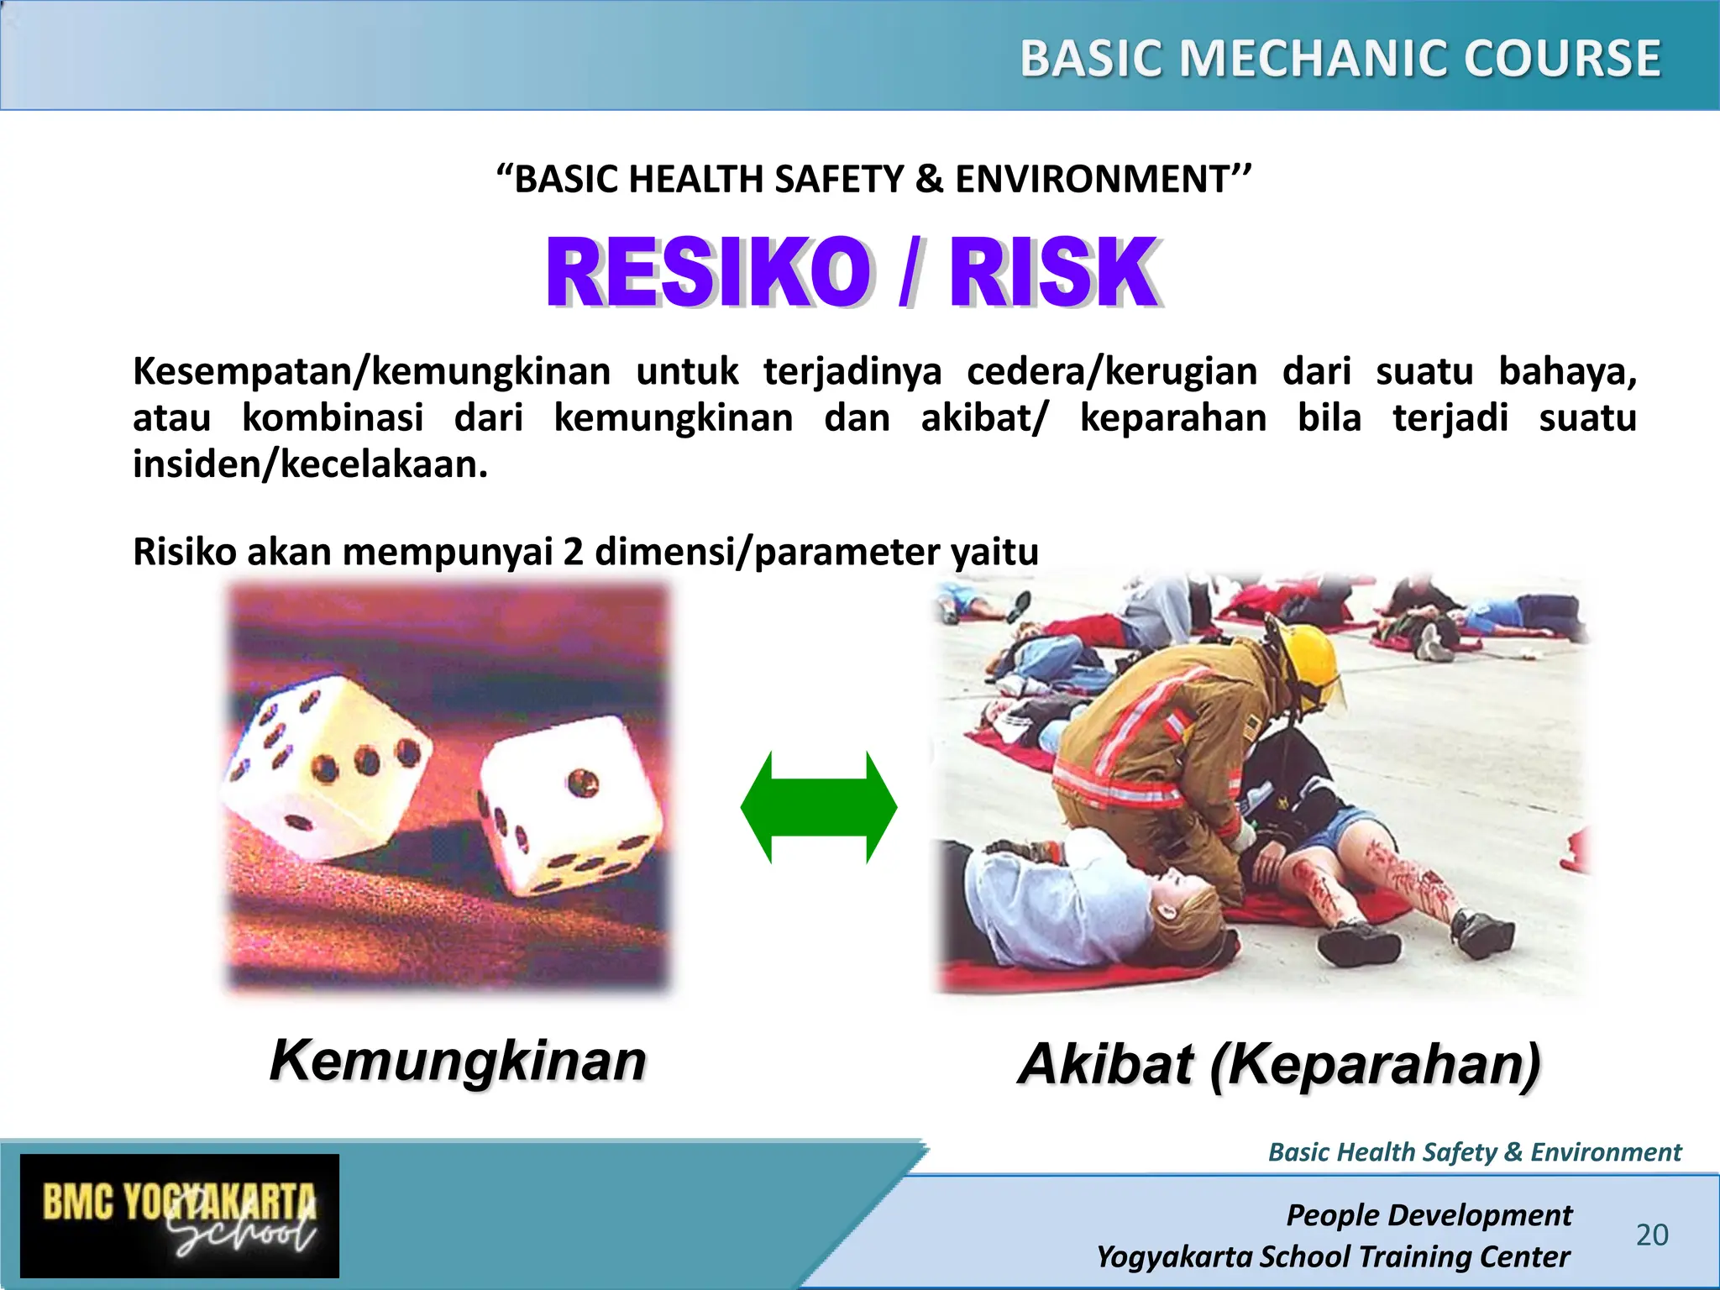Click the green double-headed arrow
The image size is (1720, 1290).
click(x=819, y=807)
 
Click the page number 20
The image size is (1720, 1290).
click(x=1652, y=1235)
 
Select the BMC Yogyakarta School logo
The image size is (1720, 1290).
click(x=180, y=1215)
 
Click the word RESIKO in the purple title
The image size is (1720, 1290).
click(x=708, y=273)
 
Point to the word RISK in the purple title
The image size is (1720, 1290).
click(x=1053, y=273)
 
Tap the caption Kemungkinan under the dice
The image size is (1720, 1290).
click(x=458, y=1061)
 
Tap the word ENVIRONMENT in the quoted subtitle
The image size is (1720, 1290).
click(x=1092, y=180)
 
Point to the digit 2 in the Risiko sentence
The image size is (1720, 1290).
click(x=573, y=552)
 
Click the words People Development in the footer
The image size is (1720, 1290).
click(x=1429, y=1214)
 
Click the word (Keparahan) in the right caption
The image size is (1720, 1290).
click(x=1375, y=1064)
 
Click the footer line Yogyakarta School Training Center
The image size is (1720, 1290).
click(x=1333, y=1256)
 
